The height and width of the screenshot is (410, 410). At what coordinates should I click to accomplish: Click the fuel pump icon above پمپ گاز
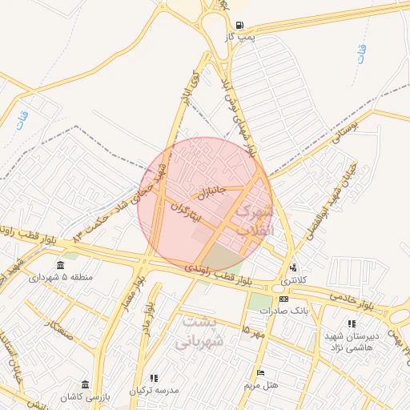(241, 25)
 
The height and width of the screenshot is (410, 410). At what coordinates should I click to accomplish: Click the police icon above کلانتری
(294, 267)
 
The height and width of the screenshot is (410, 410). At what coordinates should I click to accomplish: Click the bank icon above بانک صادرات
(283, 298)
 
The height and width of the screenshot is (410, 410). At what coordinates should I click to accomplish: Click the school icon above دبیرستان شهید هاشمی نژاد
(352, 323)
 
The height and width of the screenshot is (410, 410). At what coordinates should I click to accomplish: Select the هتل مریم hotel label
(261, 385)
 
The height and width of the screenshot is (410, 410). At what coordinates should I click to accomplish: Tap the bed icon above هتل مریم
(259, 373)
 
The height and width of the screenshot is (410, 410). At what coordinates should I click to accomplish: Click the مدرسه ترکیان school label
(154, 390)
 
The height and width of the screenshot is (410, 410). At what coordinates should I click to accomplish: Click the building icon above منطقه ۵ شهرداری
(61, 265)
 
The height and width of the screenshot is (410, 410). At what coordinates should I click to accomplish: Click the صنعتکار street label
(60, 328)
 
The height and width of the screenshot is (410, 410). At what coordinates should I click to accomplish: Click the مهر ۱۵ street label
(256, 331)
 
